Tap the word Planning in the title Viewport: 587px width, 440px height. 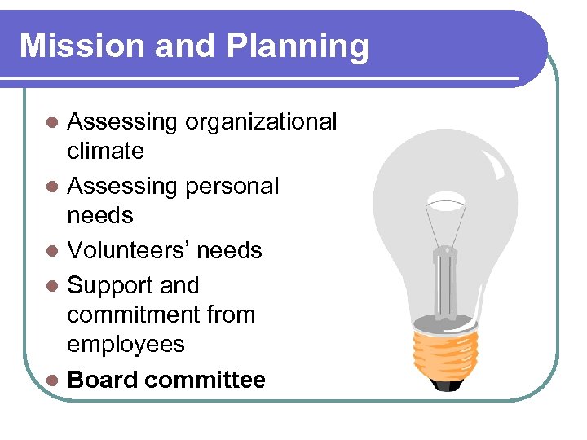pos(298,47)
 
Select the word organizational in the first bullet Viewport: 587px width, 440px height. pos(261,123)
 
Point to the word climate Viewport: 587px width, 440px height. pos(105,151)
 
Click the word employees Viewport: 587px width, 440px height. pos(126,345)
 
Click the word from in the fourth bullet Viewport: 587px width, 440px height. pos(234,315)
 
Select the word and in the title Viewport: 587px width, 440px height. pos(182,46)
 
